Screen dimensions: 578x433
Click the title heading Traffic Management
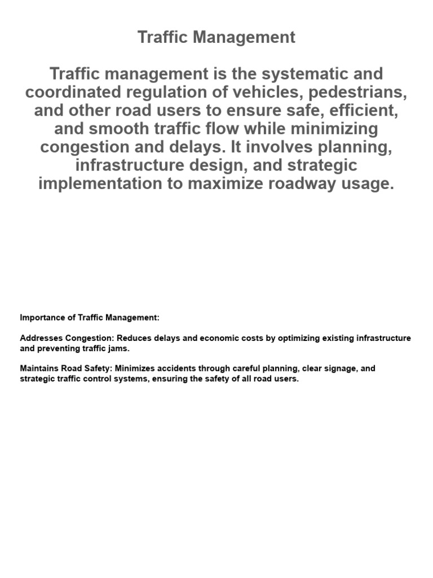tap(216, 37)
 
